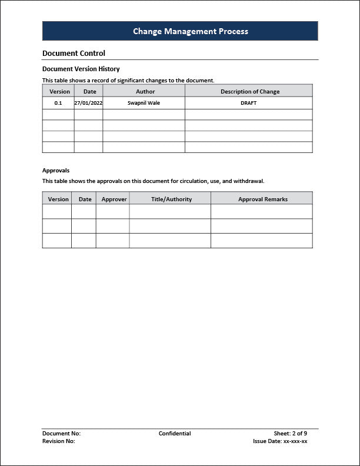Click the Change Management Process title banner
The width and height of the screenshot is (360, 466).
180,31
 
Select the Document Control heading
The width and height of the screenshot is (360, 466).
74,54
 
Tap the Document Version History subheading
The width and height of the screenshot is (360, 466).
81,69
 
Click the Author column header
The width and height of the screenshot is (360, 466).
145,91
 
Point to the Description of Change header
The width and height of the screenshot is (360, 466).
250,91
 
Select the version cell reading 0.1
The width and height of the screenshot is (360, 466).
58,103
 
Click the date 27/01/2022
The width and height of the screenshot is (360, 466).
88,103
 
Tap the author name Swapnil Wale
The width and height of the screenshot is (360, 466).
144,103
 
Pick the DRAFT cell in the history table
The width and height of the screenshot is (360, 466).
249,103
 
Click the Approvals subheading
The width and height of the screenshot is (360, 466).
56,171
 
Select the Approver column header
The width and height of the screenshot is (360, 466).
114,199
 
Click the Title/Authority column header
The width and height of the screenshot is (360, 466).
171,199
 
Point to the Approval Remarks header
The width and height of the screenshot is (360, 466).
263,199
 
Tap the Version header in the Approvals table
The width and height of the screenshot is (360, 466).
58,199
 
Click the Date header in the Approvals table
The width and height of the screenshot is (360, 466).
85,199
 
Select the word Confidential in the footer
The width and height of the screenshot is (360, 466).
175,434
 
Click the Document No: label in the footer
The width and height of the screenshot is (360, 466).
61,434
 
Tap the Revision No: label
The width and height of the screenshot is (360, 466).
59,441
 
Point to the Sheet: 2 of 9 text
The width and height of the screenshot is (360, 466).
290,434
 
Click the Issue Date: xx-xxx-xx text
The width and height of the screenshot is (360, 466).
280,441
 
